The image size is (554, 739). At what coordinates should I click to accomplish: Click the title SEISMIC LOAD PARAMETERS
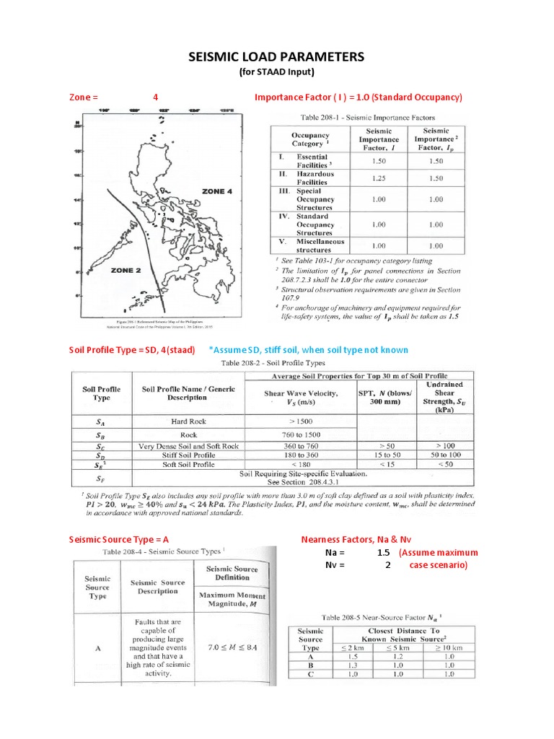[277, 57]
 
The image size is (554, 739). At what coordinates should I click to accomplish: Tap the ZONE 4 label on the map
[217, 191]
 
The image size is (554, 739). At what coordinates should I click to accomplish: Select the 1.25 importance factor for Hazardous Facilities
[379, 178]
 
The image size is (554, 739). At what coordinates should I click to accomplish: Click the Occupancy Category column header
[310, 139]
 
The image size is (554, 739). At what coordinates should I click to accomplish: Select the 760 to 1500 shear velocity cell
[301, 434]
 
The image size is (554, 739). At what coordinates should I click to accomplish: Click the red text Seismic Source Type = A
[119, 539]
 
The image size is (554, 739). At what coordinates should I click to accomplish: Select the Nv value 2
[387, 565]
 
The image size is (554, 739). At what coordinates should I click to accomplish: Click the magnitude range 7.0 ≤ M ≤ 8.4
[232, 647]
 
